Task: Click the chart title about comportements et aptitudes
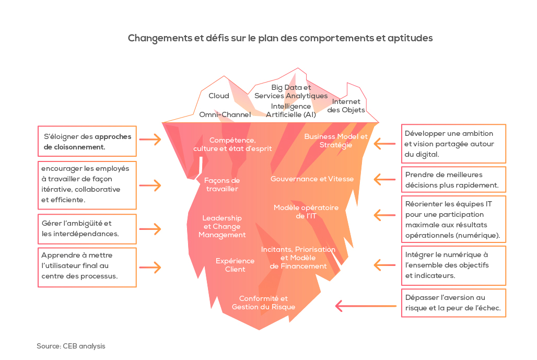pos(280,38)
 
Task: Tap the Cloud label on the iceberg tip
pos(218,96)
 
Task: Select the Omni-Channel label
pos(225,114)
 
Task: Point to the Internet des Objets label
pos(346,106)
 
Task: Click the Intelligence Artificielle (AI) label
pos(291,110)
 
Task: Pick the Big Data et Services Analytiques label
pos(291,91)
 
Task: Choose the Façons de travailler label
pos(222,184)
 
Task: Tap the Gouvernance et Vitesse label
pos(312,179)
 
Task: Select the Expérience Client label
pos(235,265)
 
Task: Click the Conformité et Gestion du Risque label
pos(263,303)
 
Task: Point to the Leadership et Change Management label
pos(222,226)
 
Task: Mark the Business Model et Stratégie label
pos(336,141)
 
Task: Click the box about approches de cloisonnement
pos(87,141)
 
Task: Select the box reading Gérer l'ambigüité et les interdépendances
pos(87,228)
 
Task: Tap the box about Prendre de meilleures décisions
pos(453,179)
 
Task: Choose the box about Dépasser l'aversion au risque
pos(453,303)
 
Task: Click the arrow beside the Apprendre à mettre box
pos(150,268)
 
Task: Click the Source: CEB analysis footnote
pos(71,346)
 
